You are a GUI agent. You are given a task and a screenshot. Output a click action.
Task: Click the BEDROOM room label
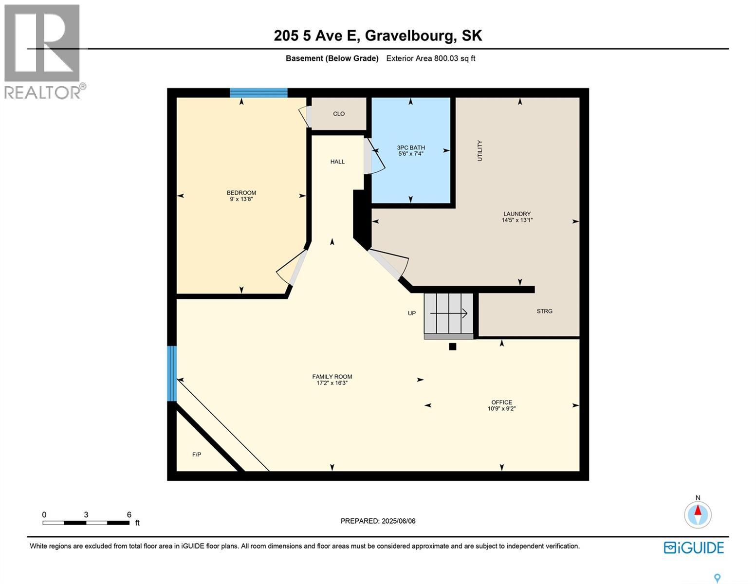(x=241, y=193)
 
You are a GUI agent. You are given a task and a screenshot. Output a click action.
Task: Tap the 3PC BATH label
(x=410, y=147)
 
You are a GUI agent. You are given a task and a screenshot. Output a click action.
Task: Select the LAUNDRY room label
(x=517, y=214)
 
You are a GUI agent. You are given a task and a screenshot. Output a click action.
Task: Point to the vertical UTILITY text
(x=479, y=151)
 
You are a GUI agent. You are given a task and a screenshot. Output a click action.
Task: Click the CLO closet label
(x=339, y=114)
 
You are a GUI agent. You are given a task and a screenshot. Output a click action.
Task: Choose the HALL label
(x=337, y=162)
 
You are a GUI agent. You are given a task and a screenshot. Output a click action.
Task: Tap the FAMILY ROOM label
(x=332, y=377)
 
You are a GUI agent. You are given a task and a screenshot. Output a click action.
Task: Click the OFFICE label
(x=501, y=402)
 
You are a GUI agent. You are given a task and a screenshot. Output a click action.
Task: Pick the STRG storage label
(x=544, y=311)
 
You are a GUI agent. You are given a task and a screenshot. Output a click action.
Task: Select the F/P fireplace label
(x=197, y=455)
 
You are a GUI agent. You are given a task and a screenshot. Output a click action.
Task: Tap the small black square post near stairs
(x=452, y=347)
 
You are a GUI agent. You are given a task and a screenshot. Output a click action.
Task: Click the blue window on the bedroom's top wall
(x=258, y=93)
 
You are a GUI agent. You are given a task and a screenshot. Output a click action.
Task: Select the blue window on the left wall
(x=172, y=373)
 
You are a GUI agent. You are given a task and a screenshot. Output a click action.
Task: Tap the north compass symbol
(x=698, y=514)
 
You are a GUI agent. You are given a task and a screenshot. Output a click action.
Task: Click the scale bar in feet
(x=86, y=523)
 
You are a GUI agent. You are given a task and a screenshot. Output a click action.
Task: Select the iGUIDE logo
(x=694, y=547)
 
